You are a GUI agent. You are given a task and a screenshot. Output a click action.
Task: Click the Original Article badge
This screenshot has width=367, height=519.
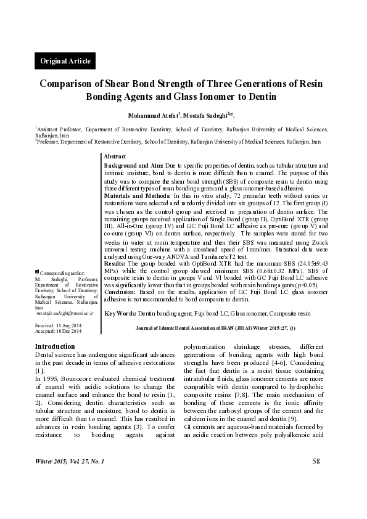click(65, 60)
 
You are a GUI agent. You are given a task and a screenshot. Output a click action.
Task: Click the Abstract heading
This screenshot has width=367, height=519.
click(115, 157)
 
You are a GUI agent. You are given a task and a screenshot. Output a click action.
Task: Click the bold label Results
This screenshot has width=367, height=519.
click(115, 263)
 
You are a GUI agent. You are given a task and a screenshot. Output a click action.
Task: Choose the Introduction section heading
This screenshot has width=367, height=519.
click(55, 347)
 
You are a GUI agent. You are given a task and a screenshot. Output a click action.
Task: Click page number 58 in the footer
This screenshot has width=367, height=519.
click(316, 478)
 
